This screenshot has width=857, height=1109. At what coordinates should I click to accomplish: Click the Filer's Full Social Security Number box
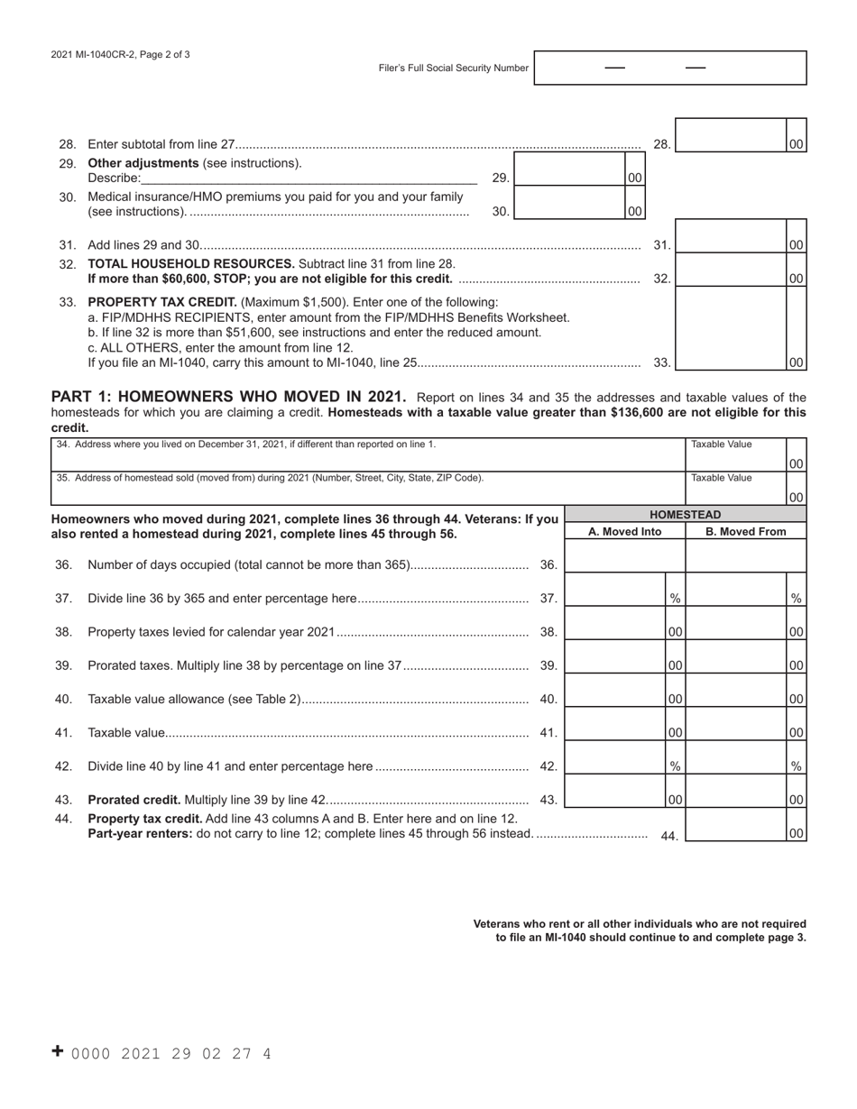[x=669, y=68]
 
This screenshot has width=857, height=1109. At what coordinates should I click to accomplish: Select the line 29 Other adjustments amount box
[x=569, y=178]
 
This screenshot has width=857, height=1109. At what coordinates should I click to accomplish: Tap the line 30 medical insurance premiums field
[x=569, y=211]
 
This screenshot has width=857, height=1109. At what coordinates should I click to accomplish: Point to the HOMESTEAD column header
[x=685, y=515]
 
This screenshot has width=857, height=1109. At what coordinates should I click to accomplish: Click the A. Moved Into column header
[x=624, y=531]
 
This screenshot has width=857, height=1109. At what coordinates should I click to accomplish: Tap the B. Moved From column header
[x=745, y=531]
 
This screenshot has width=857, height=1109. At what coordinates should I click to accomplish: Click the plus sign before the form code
[x=58, y=1051]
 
